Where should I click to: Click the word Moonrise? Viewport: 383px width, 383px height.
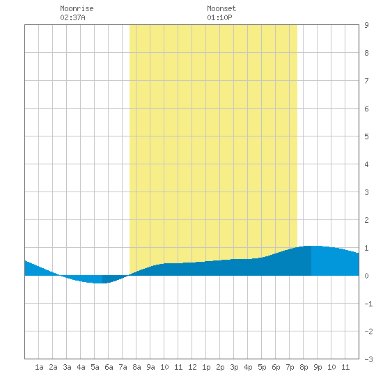click(77, 8)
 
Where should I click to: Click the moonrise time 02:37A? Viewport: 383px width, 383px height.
click(72, 17)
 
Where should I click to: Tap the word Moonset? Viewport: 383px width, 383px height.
click(221, 8)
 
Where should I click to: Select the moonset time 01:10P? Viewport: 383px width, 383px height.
click(219, 17)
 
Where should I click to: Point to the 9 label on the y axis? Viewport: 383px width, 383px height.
click(366, 25)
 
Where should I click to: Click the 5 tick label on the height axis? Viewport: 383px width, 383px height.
click(366, 136)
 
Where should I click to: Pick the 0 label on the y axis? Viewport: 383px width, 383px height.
click(366, 276)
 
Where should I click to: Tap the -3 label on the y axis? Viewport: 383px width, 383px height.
click(368, 359)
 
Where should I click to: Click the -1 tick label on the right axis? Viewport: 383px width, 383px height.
click(368, 304)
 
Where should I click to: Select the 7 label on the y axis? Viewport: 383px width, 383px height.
click(366, 81)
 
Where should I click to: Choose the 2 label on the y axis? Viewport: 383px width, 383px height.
click(366, 220)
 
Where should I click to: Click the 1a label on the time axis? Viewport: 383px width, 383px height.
click(39, 367)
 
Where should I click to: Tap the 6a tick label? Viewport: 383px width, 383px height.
click(109, 367)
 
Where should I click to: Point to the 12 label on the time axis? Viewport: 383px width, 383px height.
click(192, 367)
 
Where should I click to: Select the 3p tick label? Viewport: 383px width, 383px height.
click(234, 367)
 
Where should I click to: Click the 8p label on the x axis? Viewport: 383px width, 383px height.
click(304, 367)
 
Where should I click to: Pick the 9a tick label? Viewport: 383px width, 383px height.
click(150, 367)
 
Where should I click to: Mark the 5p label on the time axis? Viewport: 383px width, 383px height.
click(262, 367)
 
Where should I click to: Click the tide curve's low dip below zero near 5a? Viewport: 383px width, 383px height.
click(97, 283)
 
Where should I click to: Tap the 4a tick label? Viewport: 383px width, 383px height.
click(81, 367)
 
